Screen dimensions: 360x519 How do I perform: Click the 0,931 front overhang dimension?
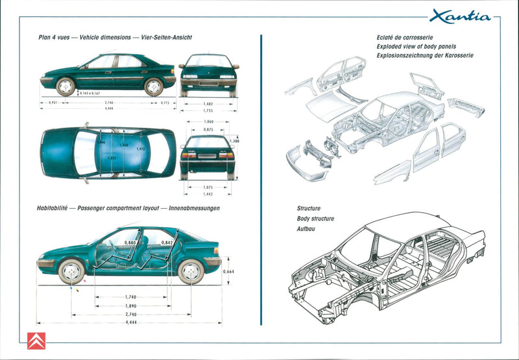(x=54, y=102)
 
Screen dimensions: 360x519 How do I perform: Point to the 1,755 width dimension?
(x=208, y=111)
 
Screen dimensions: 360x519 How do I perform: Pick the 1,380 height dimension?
(x=235, y=141)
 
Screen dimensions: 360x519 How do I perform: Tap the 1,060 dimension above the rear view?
(x=208, y=121)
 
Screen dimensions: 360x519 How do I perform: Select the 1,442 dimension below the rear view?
(x=208, y=194)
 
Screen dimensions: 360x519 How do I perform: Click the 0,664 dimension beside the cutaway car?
(x=228, y=272)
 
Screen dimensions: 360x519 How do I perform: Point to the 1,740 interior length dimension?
(x=130, y=296)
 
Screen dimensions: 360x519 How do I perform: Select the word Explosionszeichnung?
(x=407, y=56)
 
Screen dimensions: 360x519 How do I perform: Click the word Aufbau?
(x=306, y=229)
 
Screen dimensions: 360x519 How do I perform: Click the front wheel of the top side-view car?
(x=66, y=86)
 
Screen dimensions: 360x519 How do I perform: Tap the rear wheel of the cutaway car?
(x=191, y=271)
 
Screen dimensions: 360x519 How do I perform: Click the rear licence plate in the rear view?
(x=208, y=157)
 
